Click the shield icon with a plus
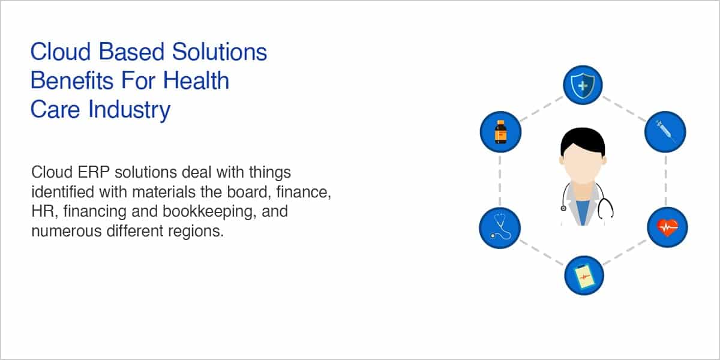pyautogui.click(x=583, y=85)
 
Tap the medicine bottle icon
pyautogui.click(x=500, y=132)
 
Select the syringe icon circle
pyautogui.click(x=665, y=132)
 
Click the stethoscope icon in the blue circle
pyautogui.click(x=500, y=227)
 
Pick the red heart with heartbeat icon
pyautogui.click(x=668, y=227)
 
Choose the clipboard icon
pyautogui.click(x=584, y=276)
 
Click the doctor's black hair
pyautogui.click(x=583, y=140)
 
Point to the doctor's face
pyautogui.click(x=583, y=164)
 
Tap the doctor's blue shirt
pyautogui.click(x=583, y=212)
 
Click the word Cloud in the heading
pyautogui.click(x=61, y=52)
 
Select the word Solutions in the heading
pyautogui.click(x=220, y=52)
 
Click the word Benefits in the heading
pyautogui.click(x=72, y=80)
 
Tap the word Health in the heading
pyautogui.click(x=196, y=80)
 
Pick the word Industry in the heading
pyautogui.click(x=129, y=110)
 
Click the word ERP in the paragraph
pyautogui.click(x=94, y=172)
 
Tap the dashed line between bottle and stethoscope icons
pyautogui.click(x=500, y=180)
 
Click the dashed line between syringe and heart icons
pyautogui.click(x=665, y=180)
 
